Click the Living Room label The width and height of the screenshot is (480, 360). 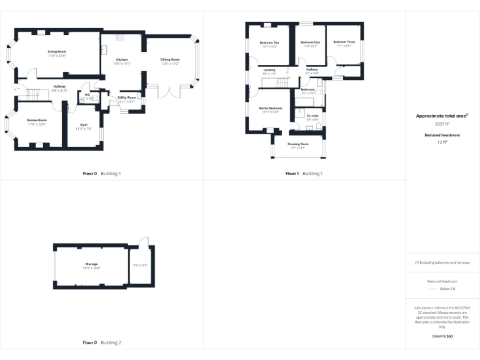tap(57, 52)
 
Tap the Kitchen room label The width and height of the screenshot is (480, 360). tap(121, 59)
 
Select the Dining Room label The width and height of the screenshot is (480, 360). tap(170, 59)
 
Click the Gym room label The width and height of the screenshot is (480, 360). tap(83, 126)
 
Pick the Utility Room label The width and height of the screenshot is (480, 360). tap(127, 97)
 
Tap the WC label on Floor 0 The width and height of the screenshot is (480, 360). tap(88, 95)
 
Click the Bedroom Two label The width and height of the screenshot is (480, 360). tap(269, 42)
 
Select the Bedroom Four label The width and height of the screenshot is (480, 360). tap(311, 42)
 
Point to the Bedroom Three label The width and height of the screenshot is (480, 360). tap(346, 42)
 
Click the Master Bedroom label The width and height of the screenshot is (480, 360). tap(271, 108)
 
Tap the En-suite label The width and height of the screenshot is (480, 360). tap(312, 116)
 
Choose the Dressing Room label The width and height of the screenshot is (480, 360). tap(297, 144)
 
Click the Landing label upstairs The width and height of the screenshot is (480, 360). tap(269, 70)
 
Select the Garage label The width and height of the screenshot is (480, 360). tap(92, 264)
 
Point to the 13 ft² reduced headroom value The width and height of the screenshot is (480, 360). tap(442, 142)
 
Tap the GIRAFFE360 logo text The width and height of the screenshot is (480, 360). tap(442, 337)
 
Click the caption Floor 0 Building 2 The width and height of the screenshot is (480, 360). tap(102, 342)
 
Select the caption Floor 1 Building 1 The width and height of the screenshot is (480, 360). tap(304, 173)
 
